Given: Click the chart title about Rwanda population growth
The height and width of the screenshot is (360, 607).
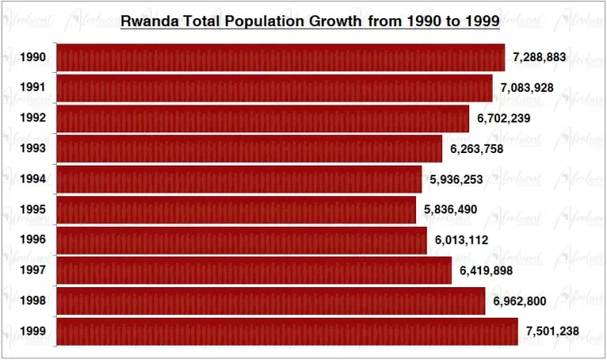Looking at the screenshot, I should pyautogui.click(x=311, y=20).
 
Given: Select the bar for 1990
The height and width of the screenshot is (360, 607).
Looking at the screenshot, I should pyautogui.click(x=280, y=58).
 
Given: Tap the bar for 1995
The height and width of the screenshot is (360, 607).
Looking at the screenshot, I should pyautogui.click(x=236, y=210).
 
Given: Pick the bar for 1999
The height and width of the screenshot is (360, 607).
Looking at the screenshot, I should pyautogui.click(x=287, y=331).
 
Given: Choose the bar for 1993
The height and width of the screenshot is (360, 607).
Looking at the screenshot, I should pyautogui.click(x=249, y=148).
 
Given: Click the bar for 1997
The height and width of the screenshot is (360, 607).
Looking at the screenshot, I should pyautogui.click(x=254, y=270).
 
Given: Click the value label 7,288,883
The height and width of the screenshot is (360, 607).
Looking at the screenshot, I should pyautogui.click(x=539, y=58).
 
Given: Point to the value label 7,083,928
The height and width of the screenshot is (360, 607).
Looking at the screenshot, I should pyautogui.click(x=527, y=88).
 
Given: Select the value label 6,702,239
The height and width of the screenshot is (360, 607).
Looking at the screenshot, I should pyautogui.click(x=503, y=119).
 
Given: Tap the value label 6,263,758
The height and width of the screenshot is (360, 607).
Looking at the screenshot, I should pyautogui.click(x=476, y=148).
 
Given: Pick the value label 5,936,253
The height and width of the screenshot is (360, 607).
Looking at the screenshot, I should pyautogui.click(x=457, y=179).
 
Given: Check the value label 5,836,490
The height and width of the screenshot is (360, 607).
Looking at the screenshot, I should pyautogui.click(x=451, y=210).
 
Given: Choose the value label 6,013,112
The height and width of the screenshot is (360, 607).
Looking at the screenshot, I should pyautogui.click(x=461, y=240).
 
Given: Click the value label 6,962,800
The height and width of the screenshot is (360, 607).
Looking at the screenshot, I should pyautogui.click(x=520, y=301).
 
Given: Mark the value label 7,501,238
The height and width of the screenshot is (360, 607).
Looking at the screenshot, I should pyautogui.click(x=552, y=331).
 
